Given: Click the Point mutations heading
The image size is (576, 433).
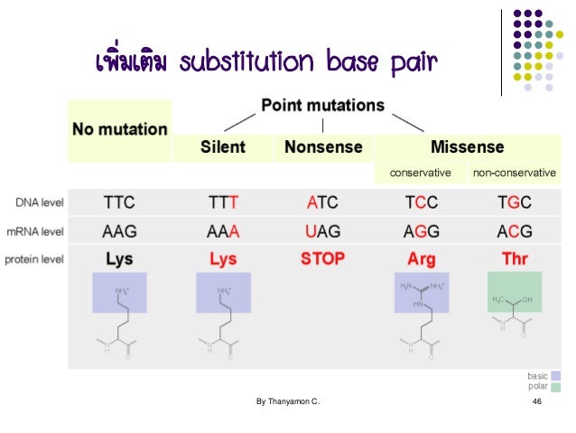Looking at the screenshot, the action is tap(322, 106).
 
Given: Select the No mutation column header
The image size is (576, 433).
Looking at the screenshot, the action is tap(120, 128).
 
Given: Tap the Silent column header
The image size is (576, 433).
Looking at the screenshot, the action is tap(223, 146).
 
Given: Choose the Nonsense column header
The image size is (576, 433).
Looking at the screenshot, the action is tap(322, 146).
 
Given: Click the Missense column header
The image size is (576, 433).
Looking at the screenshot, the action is tap(467, 146).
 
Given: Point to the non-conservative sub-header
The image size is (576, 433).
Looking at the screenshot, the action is tap(514, 172).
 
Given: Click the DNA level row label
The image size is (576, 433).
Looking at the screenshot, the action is tap(37, 202).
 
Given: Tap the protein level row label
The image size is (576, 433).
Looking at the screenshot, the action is tap(34, 259).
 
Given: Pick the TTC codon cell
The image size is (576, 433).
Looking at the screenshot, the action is tap(119, 202).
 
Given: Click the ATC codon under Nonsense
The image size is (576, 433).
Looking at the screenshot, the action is tap(322, 202).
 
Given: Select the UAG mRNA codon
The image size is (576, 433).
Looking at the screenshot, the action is tap(322, 231).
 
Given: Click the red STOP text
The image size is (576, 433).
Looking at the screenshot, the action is tap(322, 259).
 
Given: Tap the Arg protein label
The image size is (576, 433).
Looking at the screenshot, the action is tap(421, 259).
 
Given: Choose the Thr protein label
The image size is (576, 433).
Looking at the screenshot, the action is tap(515, 259).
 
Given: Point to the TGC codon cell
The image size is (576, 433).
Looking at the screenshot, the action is tap(515, 202).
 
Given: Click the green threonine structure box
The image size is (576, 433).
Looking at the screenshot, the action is tap(515, 292).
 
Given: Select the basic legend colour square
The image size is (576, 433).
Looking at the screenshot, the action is tap(556, 375).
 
